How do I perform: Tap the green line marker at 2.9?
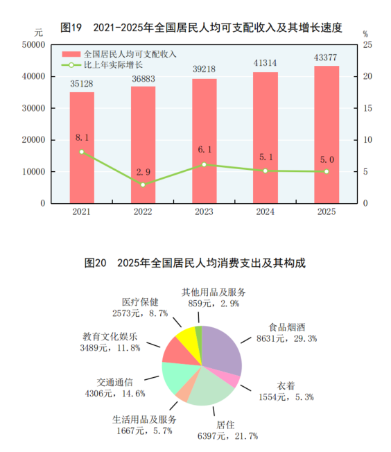tap(143, 184)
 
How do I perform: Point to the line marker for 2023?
tap(204, 164)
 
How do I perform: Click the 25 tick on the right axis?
tap(367, 44)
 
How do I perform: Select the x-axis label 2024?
tap(265, 212)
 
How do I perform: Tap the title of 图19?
tap(202, 27)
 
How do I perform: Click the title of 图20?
tap(194, 263)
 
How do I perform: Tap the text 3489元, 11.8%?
tap(111, 347)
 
